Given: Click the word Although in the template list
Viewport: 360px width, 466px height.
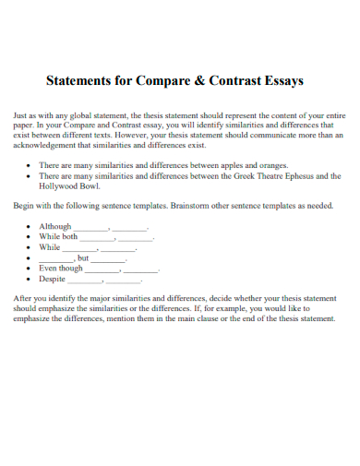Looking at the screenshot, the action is [x=54, y=226].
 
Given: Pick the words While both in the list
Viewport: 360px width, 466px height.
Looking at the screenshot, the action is [x=58, y=236].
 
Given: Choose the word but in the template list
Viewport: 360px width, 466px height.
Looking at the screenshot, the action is [x=83, y=257].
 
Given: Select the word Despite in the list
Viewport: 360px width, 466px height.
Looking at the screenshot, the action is [x=53, y=278].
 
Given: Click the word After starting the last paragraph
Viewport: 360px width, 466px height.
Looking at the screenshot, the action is [x=22, y=299].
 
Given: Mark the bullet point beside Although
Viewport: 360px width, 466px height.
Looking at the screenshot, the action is [x=30, y=227].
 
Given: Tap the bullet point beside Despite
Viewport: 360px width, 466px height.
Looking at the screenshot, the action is [x=30, y=279].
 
